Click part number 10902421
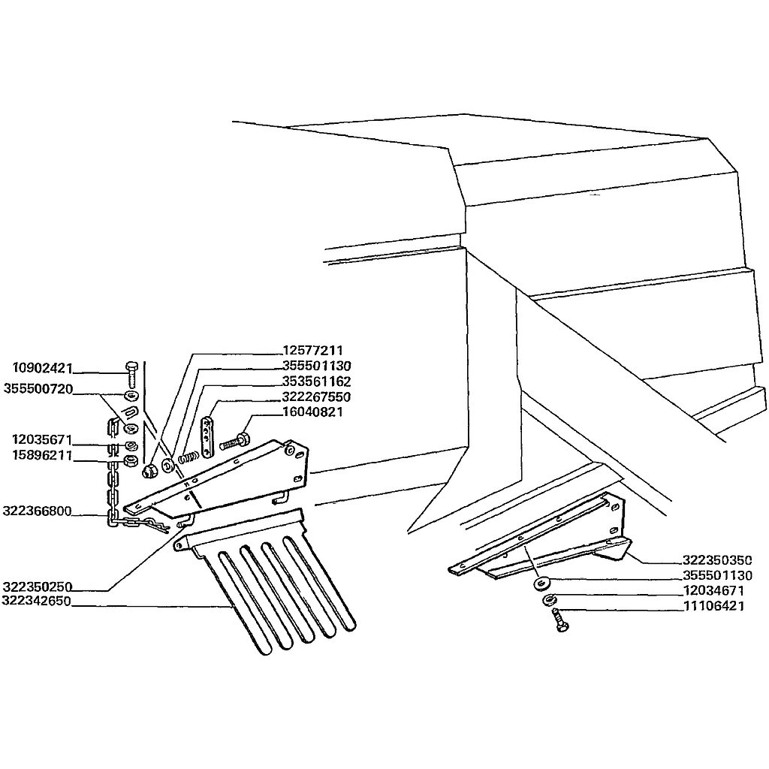(43, 368)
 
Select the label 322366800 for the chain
(38, 511)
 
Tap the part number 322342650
(37, 601)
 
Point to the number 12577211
(313, 350)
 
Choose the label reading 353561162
(316, 381)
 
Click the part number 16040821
(313, 412)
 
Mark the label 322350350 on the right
(717, 560)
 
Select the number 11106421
(714, 606)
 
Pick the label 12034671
(714, 590)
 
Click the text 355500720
(38, 389)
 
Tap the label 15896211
(42, 455)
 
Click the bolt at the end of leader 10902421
(132, 374)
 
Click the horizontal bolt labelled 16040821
(235, 440)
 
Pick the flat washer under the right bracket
(541, 584)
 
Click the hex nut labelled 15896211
(131, 461)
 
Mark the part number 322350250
(38, 587)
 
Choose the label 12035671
(42, 439)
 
